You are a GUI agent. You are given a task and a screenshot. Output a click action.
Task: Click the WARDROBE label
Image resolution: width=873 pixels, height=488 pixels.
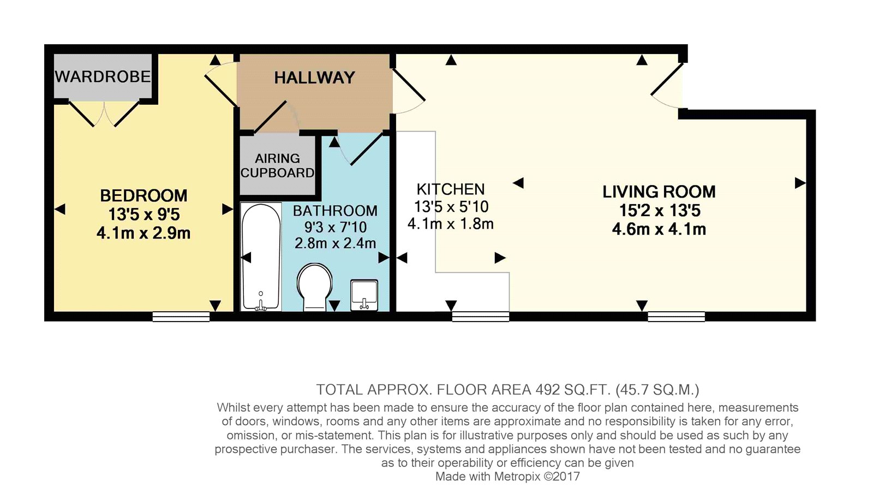coord(103,76)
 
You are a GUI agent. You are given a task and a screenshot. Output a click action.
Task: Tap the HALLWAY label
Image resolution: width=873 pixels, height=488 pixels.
coord(314,78)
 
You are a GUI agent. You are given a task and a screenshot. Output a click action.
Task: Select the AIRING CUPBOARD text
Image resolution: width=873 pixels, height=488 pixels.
coord(278,165)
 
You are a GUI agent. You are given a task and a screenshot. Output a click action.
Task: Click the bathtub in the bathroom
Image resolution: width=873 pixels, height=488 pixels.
coord(261,257)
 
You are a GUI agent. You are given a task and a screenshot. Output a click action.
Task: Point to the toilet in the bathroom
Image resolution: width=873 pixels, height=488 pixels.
coord(314,287)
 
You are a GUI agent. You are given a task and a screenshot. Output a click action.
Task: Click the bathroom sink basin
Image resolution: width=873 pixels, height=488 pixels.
coord(364,295)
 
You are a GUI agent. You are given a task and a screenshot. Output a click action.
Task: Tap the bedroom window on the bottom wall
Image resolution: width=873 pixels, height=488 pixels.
coord(181,317)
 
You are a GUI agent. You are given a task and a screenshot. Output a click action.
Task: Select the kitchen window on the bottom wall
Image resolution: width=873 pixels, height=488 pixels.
coord(481,317)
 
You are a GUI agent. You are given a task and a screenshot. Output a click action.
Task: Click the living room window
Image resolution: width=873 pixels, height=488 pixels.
coord(677,317)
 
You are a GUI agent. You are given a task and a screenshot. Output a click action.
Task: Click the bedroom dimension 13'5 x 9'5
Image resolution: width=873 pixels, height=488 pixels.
coord(144,215)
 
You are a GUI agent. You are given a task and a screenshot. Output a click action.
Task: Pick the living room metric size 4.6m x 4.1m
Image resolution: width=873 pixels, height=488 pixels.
coord(659,229)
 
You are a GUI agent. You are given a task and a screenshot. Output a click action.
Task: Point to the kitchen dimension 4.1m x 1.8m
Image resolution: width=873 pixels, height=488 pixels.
coord(451,224)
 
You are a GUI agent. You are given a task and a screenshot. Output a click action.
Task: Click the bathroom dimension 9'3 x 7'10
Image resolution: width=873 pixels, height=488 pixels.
coord(335,227)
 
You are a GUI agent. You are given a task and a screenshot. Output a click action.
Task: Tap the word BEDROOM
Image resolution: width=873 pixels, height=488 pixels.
coord(144,195)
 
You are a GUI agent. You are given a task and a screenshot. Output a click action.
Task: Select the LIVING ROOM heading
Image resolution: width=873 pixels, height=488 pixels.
coord(659,192)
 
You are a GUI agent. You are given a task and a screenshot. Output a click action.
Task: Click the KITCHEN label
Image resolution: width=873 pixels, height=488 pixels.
coord(451,189)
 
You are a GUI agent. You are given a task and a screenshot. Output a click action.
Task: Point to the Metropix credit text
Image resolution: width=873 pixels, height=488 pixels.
coord(507,477)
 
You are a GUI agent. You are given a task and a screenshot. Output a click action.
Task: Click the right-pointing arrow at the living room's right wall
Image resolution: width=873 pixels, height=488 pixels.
coord(800,183)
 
